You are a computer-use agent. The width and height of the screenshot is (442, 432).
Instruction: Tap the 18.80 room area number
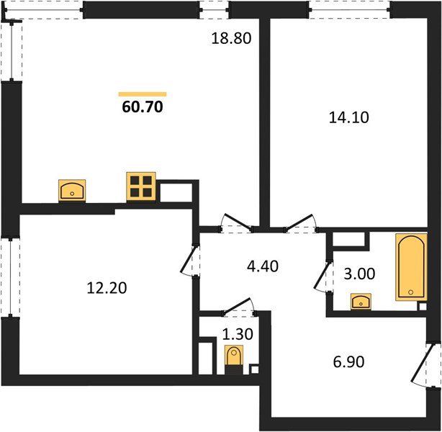pyautogui.click(x=232, y=40)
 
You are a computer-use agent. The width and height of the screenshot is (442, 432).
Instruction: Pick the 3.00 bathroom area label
pyautogui.click(x=358, y=274)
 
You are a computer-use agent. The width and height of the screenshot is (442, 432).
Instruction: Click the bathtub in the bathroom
pyautogui.click(x=410, y=268)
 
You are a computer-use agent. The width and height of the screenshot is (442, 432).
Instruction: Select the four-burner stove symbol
pyautogui.click(x=141, y=186)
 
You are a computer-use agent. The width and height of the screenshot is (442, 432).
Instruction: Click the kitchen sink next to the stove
pyautogui.click(x=72, y=190)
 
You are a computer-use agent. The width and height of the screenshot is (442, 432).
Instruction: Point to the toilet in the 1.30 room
pyautogui.click(x=233, y=356)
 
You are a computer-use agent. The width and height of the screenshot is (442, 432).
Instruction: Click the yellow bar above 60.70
pyautogui.click(x=143, y=94)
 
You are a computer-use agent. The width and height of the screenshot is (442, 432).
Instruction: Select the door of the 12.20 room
pyautogui.click(x=189, y=261)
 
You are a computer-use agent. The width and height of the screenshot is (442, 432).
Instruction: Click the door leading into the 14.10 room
pyautogui.click(x=302, y=221)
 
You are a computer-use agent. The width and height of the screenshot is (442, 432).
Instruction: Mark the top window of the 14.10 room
pyautogui.click(x=349, y=9)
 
